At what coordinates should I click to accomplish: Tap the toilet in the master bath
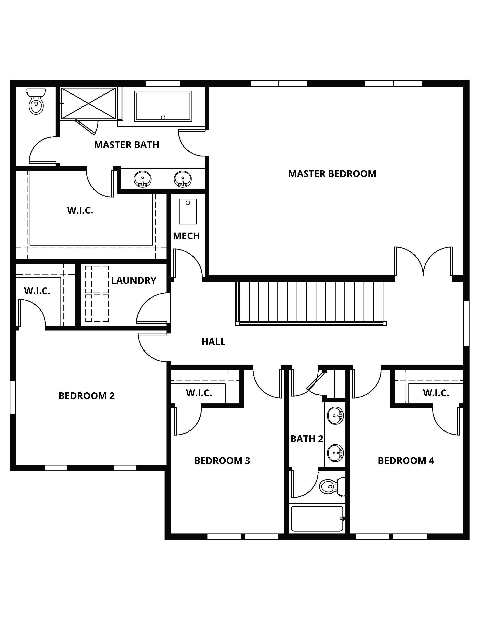pyautogui.click(x=36, y=101)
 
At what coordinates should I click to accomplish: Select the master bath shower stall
pyautogui.click(x=88, y=103)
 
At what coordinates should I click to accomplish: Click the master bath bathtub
pyautogui.click(x=163, y=106)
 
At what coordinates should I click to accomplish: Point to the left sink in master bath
pyautogui.click(x=142, y=179)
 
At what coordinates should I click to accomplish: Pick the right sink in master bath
pyautogui.click(x=182, y=179)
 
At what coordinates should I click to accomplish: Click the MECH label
pyautogui.click(x=186, y=236)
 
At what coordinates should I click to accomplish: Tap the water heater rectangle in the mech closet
pyautogui.click(x=188, y=211)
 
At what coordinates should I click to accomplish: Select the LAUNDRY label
pyautogui.click(x=134, y=280)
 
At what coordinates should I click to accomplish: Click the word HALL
pyautogui.click(x=213, y=342)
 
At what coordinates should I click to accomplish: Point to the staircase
pyautogui.click(x=311, y=303)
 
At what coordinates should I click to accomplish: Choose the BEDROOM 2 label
pyautogui.click(x=86, y=396)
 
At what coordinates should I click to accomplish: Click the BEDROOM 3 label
pyautogui.click(x=222, y=460)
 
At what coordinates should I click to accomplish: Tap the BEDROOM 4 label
pyautogui.click(x=406, y=460)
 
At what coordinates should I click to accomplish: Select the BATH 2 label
pyautogui.click(x=307, y=439)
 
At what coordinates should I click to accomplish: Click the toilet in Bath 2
pyautogui.click(x=332, y=487)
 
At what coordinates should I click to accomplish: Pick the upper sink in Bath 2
pyautogui.click(x=335, y=416)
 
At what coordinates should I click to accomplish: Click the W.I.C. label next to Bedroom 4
pyautogui.click(x=436, y=393)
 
